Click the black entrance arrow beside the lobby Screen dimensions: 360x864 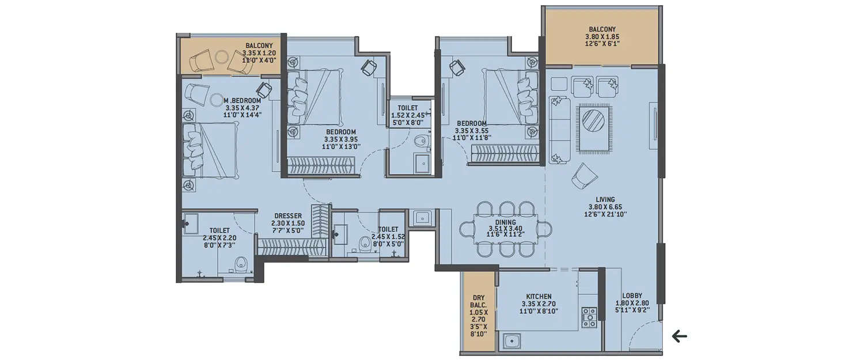click(680, 335)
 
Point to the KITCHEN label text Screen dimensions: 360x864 click(539, 296)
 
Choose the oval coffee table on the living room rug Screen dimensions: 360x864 click(593, 121)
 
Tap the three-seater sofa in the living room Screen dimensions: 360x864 click(559, 130)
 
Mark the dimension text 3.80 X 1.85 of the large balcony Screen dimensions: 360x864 click(602, 36)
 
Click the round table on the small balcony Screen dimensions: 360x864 click(222, 56)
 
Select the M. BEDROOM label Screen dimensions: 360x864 click(242, 100)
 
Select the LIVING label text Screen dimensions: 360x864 click(605, 200)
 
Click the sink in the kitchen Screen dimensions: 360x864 click(510, 342)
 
